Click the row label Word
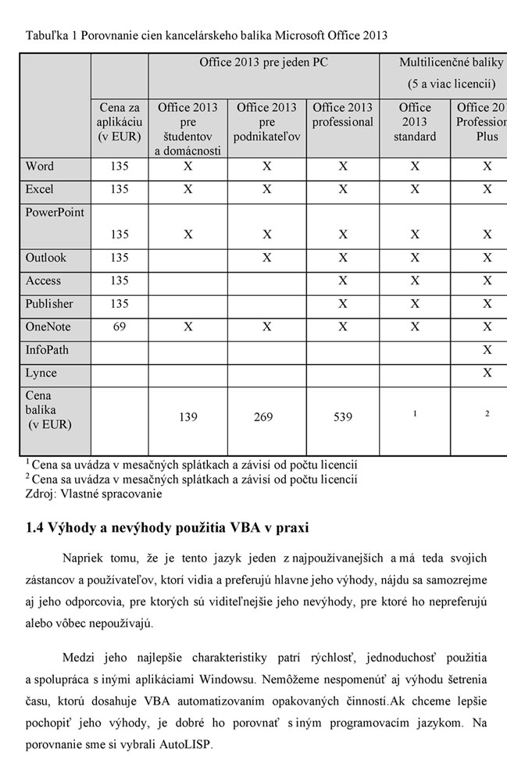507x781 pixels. coord(40,166)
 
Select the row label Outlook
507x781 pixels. coord(46,258)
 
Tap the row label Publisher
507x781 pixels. coord(49,304)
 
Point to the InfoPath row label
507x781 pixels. coord(47,350)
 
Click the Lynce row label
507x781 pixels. coord(41,373)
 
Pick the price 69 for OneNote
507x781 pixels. coord(120,326)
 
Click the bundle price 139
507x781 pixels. coord(187,417)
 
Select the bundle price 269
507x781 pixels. coord(264,417)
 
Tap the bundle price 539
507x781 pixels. coord(343,417)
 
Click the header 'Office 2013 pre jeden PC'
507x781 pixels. coord(263,62)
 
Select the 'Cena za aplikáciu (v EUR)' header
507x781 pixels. coord(120,122)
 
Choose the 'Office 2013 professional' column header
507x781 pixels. coord(343,115)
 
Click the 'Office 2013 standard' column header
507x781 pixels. coord(415,122)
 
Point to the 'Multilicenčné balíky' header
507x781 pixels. coord(451,62)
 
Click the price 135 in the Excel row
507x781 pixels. coord(120,189)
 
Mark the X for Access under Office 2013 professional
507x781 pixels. coord(343,281)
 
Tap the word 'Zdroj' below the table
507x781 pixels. coord(40,494)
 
